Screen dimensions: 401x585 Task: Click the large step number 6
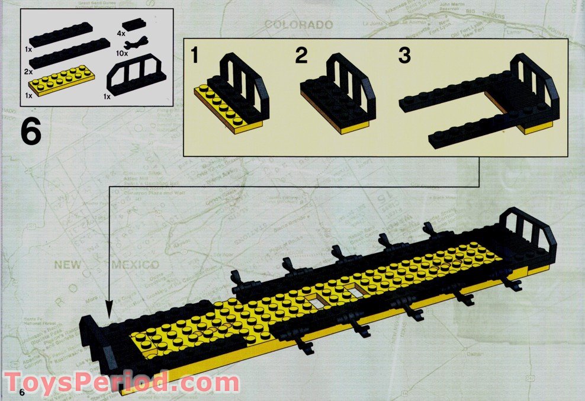[31, 133]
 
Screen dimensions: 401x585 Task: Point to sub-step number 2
[302, 57]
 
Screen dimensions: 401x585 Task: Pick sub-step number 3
[404, 57]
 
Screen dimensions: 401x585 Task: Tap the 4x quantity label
[121, 34]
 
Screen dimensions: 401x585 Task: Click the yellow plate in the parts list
[69, 81]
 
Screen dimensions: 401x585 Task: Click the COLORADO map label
[298, 25]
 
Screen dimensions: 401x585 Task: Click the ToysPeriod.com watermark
[122, 381]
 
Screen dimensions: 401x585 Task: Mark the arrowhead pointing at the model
[108, 307]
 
